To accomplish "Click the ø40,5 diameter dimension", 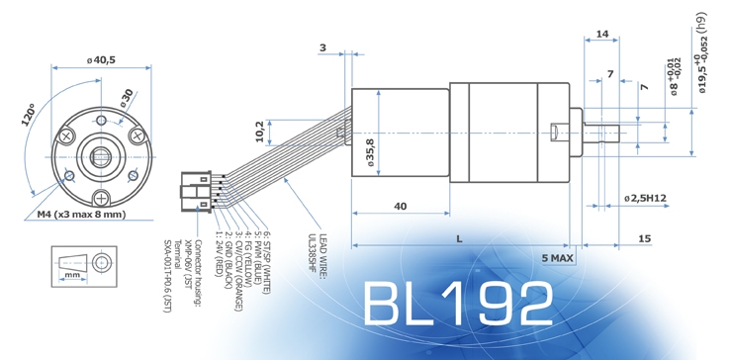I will point(101,60).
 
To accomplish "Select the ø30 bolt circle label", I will point(127,98).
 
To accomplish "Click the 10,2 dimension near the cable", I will point(260,133).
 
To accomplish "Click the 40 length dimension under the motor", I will point(400,206).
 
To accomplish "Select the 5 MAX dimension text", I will point(556,257).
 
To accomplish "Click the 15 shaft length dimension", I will point(644,239).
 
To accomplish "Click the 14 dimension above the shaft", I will point(602,35).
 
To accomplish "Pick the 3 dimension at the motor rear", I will point(322,46).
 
